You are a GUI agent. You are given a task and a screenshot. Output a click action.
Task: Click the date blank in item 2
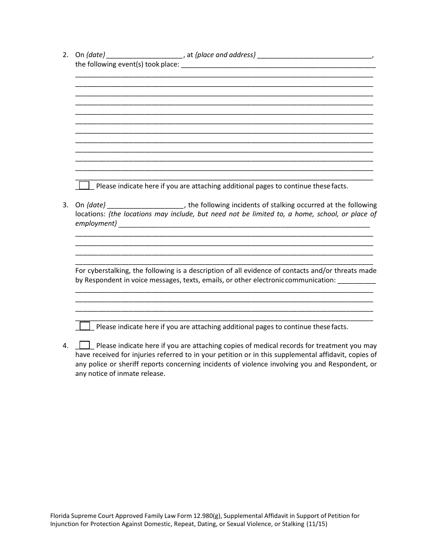tap(145, 55)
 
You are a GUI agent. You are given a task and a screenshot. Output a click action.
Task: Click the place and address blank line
tap(315, 55)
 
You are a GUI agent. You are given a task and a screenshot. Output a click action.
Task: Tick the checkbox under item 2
tap(84, 185)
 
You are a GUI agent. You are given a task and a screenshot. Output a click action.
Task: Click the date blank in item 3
tap(146, 205)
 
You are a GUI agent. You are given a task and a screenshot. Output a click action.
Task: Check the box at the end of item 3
tap(85, 326)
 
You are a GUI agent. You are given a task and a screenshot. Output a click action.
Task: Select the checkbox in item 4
tap(85, 345)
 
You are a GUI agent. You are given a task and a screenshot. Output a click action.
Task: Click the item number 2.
tap(66, 55)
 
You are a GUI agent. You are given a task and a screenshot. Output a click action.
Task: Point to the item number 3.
tap(66, 205)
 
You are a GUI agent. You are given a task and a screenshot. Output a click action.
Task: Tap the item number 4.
tap(66, 346)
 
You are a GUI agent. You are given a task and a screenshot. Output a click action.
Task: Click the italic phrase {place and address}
tap(225, 55)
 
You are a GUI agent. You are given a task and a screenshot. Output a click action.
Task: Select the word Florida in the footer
tap(60, 516)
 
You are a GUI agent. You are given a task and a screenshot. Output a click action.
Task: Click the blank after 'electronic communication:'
tap(356, 280)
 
